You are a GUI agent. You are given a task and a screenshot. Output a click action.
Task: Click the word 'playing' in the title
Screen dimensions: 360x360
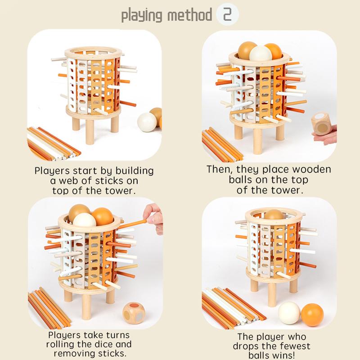pyautogui.click(x=141, y=16)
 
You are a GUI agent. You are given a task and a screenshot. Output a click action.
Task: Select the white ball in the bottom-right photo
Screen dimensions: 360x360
pyautogui.click(x=289, y=312)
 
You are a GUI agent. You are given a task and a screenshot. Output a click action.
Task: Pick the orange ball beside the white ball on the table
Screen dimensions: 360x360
pyautogui.click(x=313, y=314)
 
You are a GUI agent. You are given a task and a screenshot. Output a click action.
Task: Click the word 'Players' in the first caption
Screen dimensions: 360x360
pyautogui.click(x=53, y=171)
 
